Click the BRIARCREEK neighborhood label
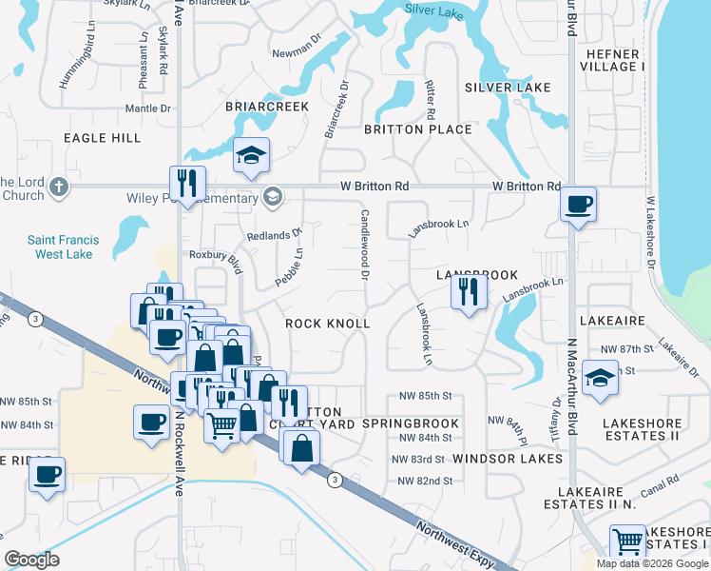point(266,107)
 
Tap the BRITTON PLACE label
point(417,129)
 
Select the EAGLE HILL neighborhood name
point(102,138)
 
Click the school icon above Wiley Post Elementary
point(251,157)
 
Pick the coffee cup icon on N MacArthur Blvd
point(577,205)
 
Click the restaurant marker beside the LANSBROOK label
point(467,290)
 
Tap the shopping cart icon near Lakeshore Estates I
point(627,542)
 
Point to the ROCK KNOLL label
point(328,324)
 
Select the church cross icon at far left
point(59,186)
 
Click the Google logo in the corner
point(32,560)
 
